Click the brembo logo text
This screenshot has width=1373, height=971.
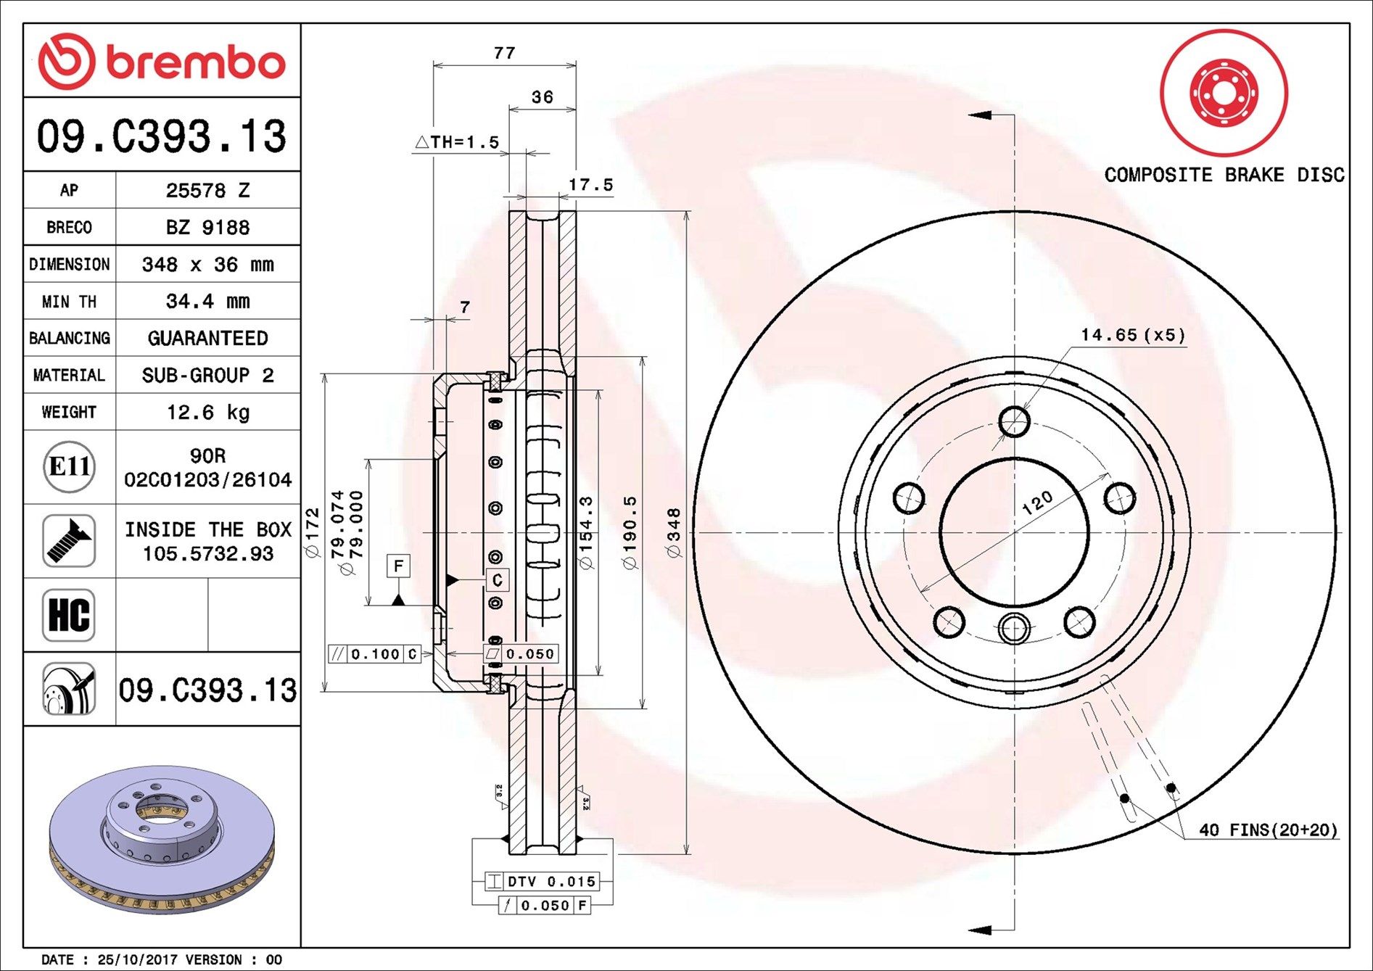196,63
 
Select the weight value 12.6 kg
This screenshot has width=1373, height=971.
208,412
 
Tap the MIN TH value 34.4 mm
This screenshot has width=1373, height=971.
208,301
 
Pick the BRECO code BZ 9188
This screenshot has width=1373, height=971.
208,227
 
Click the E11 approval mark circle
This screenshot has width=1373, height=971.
69,466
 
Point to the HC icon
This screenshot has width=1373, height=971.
69,615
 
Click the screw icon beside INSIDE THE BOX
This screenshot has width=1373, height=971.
69,541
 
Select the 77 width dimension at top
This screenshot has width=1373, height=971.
504,53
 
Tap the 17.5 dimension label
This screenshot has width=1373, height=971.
590,185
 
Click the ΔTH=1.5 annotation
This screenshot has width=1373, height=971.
458,142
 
